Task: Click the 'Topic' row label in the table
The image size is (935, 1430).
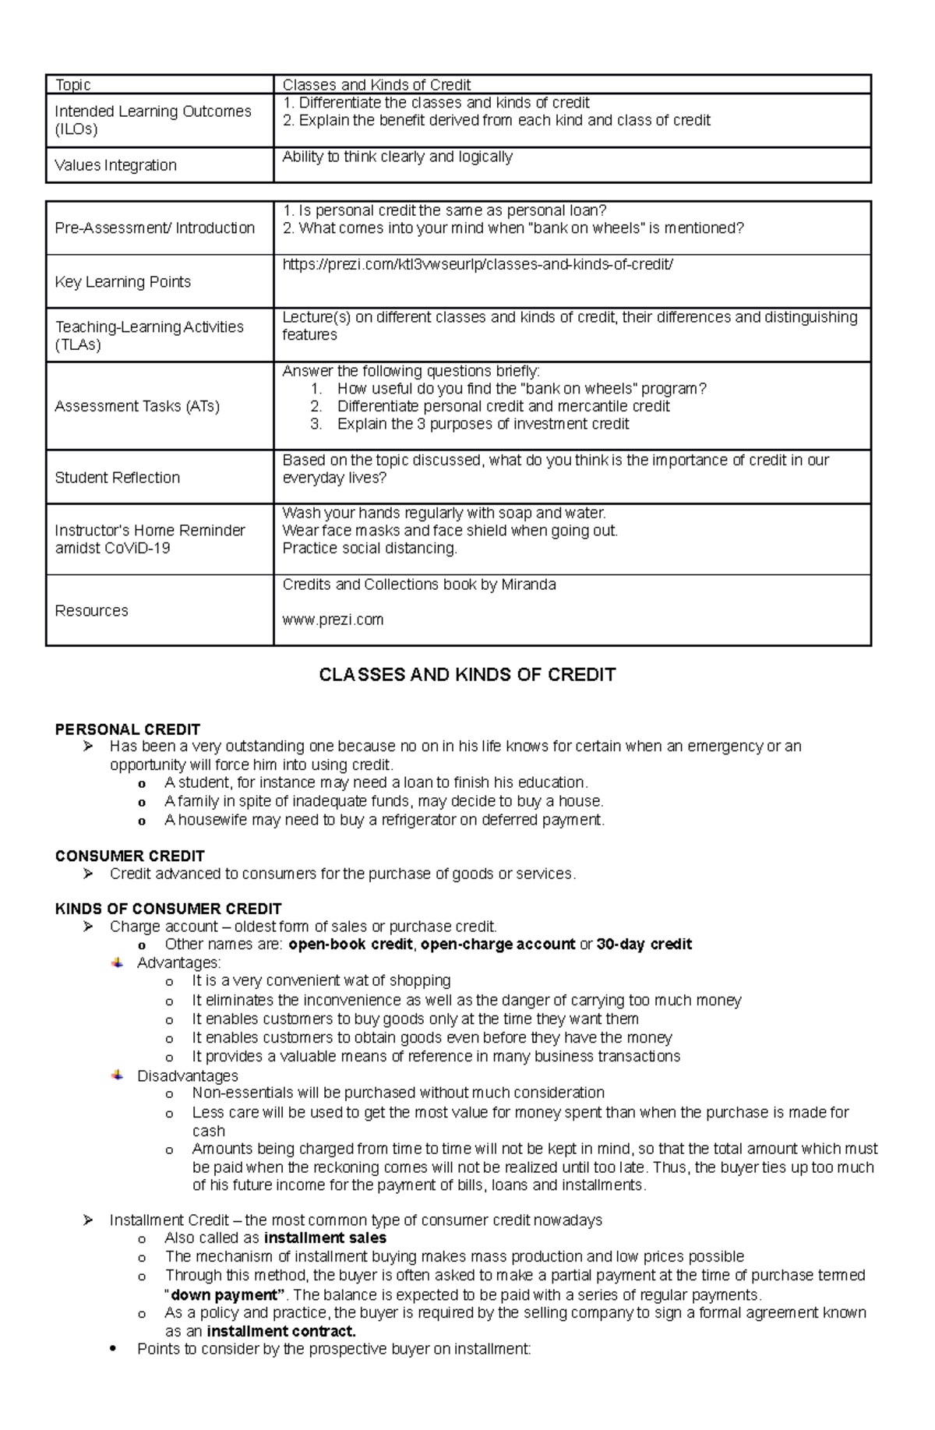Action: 72,85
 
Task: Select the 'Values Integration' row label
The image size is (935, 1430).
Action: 115,165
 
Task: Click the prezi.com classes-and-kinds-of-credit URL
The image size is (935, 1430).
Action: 477,264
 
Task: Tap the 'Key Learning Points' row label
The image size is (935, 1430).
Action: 122,281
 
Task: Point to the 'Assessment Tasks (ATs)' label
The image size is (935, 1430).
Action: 136,406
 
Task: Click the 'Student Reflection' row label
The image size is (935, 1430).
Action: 117,478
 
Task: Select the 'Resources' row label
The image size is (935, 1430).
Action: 91,610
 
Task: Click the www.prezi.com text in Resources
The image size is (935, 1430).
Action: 333,620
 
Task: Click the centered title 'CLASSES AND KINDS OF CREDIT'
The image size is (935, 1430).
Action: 467,675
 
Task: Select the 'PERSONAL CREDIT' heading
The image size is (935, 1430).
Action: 127,729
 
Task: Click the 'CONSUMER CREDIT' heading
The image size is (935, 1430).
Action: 129,856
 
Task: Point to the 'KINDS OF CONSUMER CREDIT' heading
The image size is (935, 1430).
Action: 168,909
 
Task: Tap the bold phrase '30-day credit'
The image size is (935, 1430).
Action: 644,945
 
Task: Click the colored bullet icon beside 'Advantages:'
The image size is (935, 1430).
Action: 118,962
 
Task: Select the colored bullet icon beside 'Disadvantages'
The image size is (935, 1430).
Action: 118,1075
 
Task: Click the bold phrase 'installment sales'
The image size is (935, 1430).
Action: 325,1238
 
